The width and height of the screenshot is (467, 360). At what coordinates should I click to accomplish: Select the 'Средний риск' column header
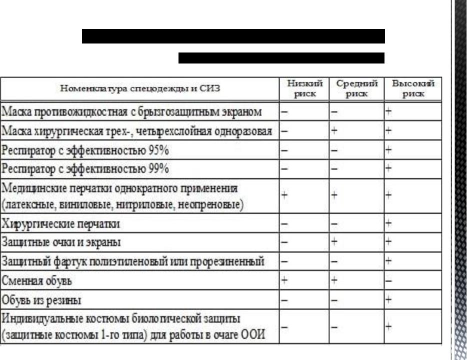tap(356, 88)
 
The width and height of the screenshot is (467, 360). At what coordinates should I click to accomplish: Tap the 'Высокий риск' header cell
tap(412, 88)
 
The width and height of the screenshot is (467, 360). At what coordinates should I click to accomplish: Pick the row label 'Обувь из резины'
tap(42, 300)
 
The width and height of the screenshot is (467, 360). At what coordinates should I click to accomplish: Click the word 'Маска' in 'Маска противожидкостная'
tap(14, 112)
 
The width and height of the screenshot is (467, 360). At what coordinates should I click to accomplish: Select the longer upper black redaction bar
tap(233, 36)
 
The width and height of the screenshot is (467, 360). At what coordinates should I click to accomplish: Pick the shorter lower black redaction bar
tap(281, 57)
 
